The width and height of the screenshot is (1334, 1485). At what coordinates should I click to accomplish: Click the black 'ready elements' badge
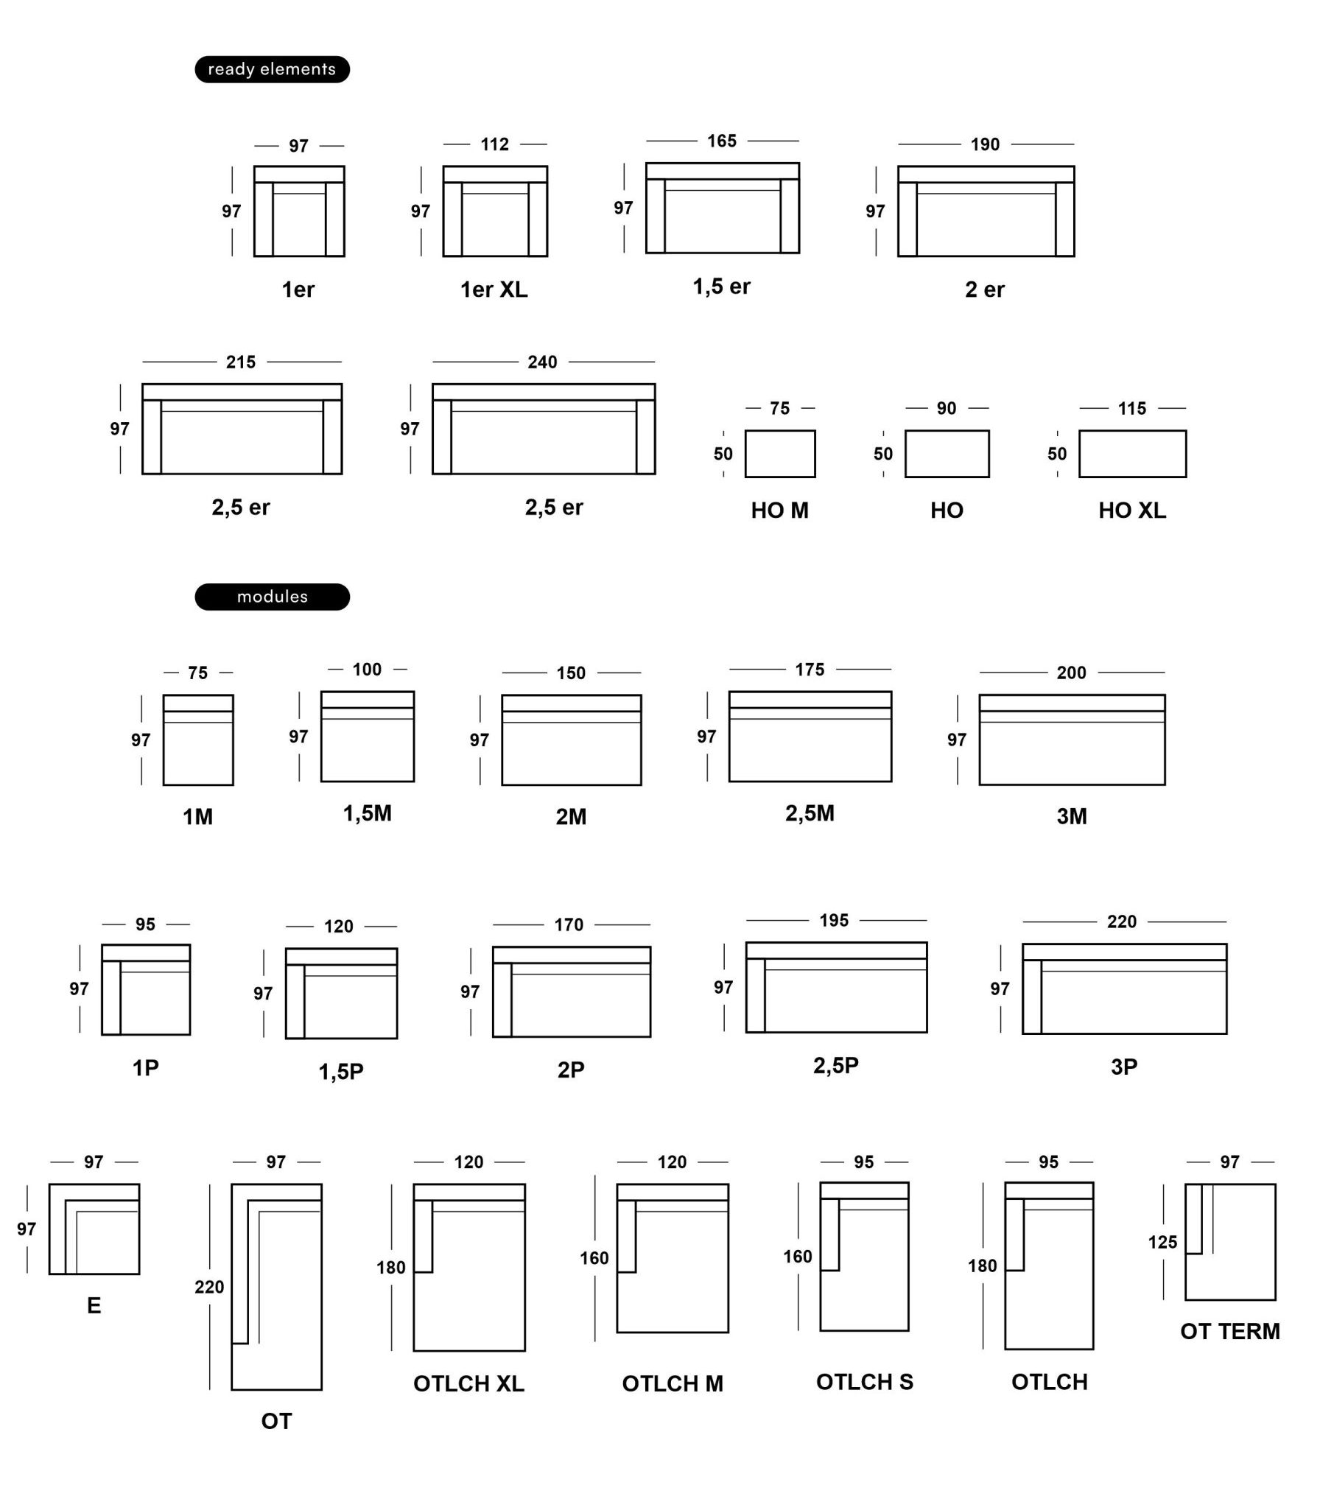tap(272, 69)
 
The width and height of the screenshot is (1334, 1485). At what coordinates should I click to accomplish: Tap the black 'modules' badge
tap(272, 597)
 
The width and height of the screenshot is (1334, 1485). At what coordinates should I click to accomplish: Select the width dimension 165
tap(722, 141)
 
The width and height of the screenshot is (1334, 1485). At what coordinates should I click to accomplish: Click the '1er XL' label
tap(494, 289)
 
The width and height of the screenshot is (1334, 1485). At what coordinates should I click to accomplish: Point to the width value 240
tap(542, 362)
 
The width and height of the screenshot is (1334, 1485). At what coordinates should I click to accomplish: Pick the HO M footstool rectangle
tap(780, 454)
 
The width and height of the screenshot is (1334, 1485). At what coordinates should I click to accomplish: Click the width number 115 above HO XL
tap(1132, 408)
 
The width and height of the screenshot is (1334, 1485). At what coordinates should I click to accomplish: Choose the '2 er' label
tap(985, 289)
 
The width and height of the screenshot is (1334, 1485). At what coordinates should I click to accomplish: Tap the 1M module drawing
tap(198, 740)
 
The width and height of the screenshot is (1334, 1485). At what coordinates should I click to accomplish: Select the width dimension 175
tap(810, 670)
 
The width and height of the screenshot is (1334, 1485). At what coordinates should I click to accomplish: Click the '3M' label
tap(1072, 816)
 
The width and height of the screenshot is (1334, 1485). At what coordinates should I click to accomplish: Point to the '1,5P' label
tap(341, 1072)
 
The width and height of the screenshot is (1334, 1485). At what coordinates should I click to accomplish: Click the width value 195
tap(834, 920)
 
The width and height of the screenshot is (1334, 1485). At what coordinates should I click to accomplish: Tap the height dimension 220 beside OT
tap(209, 1287)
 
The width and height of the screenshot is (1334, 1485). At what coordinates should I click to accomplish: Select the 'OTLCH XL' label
tap(468, 1384)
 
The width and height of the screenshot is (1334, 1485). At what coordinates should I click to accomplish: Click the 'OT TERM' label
tap(1230, 1331)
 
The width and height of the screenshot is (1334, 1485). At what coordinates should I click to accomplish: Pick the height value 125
tap(1162, 1242)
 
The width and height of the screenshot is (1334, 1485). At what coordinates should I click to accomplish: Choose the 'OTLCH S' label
tap(865, 1382)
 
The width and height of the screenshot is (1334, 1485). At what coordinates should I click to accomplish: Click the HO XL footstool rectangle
tap(1133, 454)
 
